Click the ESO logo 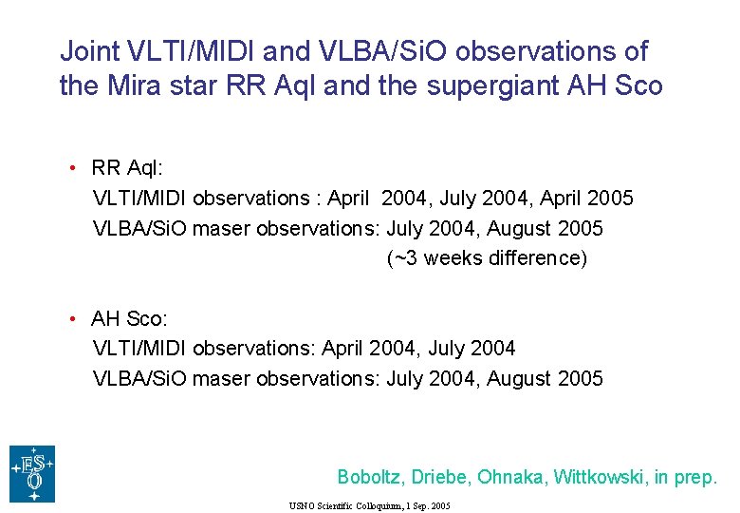32,473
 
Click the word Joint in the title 88,51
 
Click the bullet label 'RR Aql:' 127,168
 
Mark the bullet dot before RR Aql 72,169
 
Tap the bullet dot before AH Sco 72,318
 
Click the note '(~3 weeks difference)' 487,258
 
